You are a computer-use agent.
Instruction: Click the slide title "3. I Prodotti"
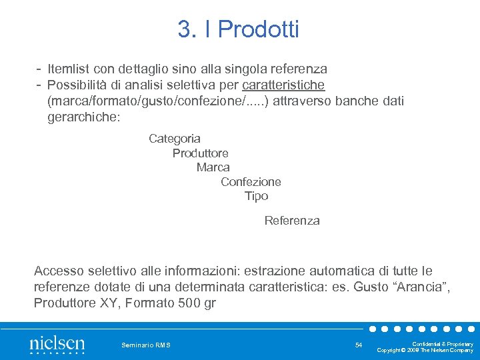pyautogui.click(x=239, y=29)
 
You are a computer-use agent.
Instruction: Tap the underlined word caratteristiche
pyautogui.click(x=283, y=85)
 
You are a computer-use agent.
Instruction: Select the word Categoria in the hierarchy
pyautogui.click(x=175, y=139)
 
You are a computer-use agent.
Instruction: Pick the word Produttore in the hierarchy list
pyautogui.click(x=200, y=153)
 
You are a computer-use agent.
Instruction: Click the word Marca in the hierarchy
pyautogui.click(x=213, y=167)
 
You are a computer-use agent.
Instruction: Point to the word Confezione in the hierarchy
pyautogui.click(x=251, y=181)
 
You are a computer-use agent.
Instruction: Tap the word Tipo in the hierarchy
pyautogui.click(x=256, y=196)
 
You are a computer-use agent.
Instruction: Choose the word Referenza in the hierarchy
pyautogui.click(x=292, y=220)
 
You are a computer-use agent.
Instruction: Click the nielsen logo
pyautogui.click(x=57, y=343)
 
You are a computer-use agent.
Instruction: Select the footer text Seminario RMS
pyautogui.click(x=146, y=345)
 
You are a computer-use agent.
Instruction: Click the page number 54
pyautogui.click(x=359, y=345)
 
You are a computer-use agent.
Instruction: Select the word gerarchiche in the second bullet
pyautogui.click(x=81, y=117)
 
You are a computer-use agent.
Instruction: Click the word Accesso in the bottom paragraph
pyautogui.click(x=59, y=271)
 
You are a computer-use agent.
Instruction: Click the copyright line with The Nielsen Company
pyautogui.click(x=425, y=350)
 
